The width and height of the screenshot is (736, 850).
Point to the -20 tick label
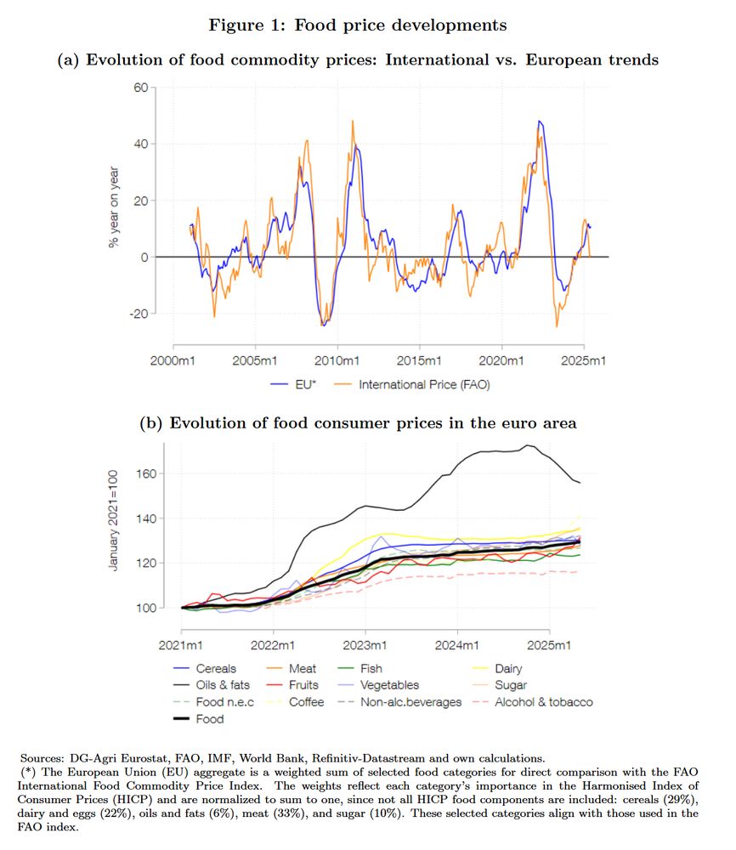[x=139, y=314]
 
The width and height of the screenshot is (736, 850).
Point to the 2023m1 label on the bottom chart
[x=366, y=644]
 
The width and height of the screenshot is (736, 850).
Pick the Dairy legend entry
[x=508, y=669]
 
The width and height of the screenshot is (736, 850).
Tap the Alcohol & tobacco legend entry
[x=543, y=702]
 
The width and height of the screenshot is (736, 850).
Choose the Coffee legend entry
[x=306, y=702]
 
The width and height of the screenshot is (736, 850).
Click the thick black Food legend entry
[x=209, y=719]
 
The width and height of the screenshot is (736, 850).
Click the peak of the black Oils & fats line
[x=529, y=445]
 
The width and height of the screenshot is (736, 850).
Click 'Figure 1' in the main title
[x=248, y=25]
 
